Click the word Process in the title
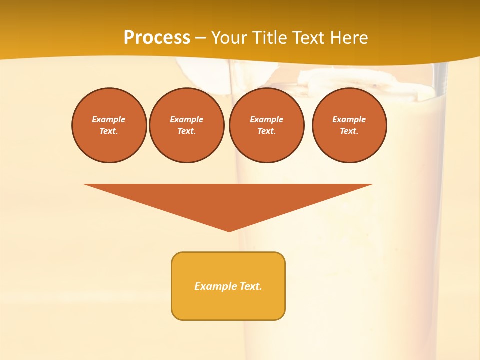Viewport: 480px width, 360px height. tap(157, 38)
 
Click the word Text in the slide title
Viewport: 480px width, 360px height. tap(310, 38)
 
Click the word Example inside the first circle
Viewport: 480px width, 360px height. tap(109, 119)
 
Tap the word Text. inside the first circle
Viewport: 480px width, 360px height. tap(109, 131)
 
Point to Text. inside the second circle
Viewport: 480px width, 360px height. tap(187, 131)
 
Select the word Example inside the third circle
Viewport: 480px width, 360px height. tap(267, 119)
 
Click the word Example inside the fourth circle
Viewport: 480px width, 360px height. tap(349, 119)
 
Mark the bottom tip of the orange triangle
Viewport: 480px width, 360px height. tap(229, 230)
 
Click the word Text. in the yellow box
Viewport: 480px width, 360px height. tap(250, 286)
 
